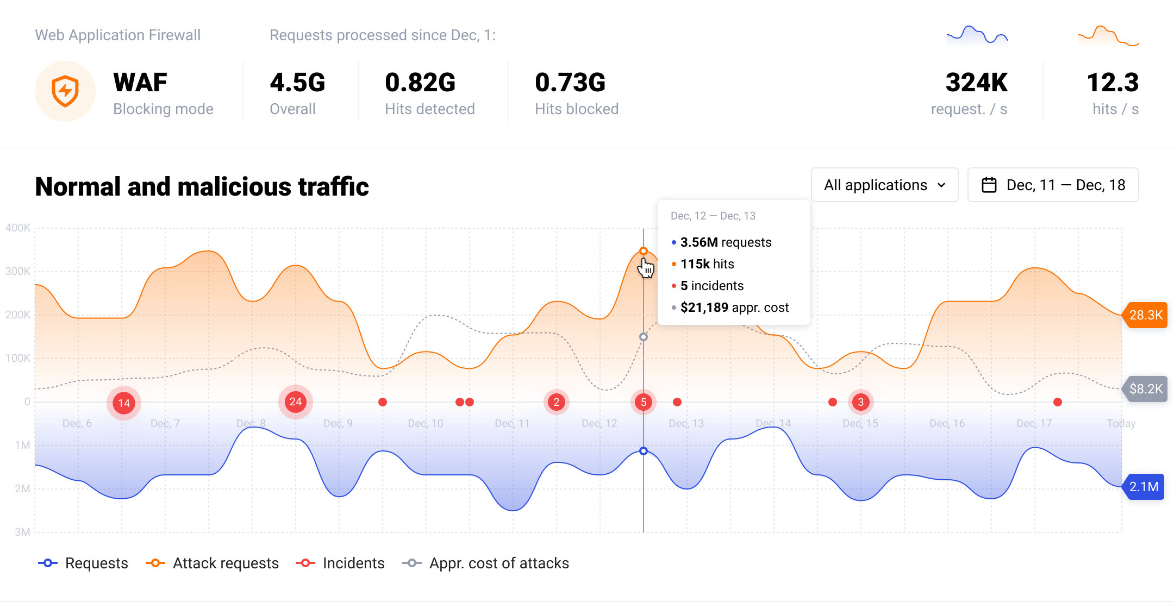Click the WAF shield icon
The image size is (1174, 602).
[65, 91]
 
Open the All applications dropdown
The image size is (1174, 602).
[884, 185]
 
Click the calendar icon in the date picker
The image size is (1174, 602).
[989, 185]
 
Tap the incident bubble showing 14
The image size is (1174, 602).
[124, 403]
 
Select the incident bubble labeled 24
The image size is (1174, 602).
[295, 402]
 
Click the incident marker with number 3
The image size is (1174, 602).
[860, 402]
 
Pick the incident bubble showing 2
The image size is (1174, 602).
[556, 402]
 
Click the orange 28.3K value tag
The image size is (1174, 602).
[1145, 315]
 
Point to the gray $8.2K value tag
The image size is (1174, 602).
[1145, 389]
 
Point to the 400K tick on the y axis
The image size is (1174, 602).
[18, 228]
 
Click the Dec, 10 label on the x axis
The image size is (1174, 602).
[425, 423]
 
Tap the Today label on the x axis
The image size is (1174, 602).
[1121, 423]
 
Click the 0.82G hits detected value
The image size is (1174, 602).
[420, 83]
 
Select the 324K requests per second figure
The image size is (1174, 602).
[976, 83]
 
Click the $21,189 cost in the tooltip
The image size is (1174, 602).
[704, 308]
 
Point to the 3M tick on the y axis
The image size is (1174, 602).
[22, 532]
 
